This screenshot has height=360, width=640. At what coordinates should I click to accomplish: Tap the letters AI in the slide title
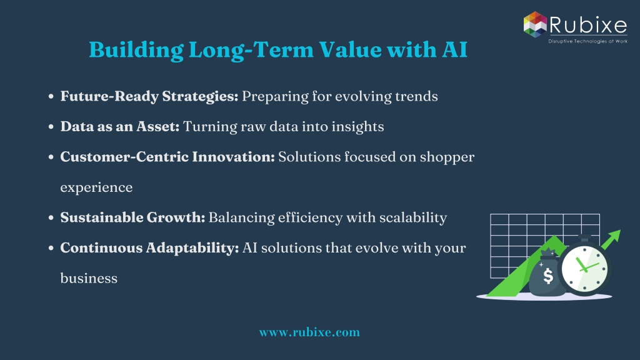[454, 50]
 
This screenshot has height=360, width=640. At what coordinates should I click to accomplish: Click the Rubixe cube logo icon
[535, 24]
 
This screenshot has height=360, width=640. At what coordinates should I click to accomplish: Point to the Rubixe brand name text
[587, 25]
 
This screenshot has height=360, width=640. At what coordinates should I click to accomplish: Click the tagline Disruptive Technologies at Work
[587, 41]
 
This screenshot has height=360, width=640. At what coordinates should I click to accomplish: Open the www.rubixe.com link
[309, 332]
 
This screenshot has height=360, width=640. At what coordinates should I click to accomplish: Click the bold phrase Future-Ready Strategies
[149, 97]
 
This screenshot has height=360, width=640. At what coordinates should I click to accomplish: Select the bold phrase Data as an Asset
[119, 126]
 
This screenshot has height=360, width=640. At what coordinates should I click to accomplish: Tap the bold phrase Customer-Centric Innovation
[167, 157]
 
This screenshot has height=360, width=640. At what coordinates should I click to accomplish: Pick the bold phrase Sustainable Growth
[132, 217]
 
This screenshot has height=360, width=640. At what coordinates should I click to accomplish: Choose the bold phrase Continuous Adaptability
[149, 248]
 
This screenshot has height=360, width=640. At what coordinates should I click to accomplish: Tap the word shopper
[447, 157]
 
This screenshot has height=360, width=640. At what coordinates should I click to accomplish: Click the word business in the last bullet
[89, 278]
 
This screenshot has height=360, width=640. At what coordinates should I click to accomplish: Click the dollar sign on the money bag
[548, 276]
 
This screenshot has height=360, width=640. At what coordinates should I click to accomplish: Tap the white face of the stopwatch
[584, 269]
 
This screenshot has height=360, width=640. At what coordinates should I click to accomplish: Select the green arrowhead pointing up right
[614, 236]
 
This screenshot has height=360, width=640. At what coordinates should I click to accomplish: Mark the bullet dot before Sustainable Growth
[51, 218]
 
